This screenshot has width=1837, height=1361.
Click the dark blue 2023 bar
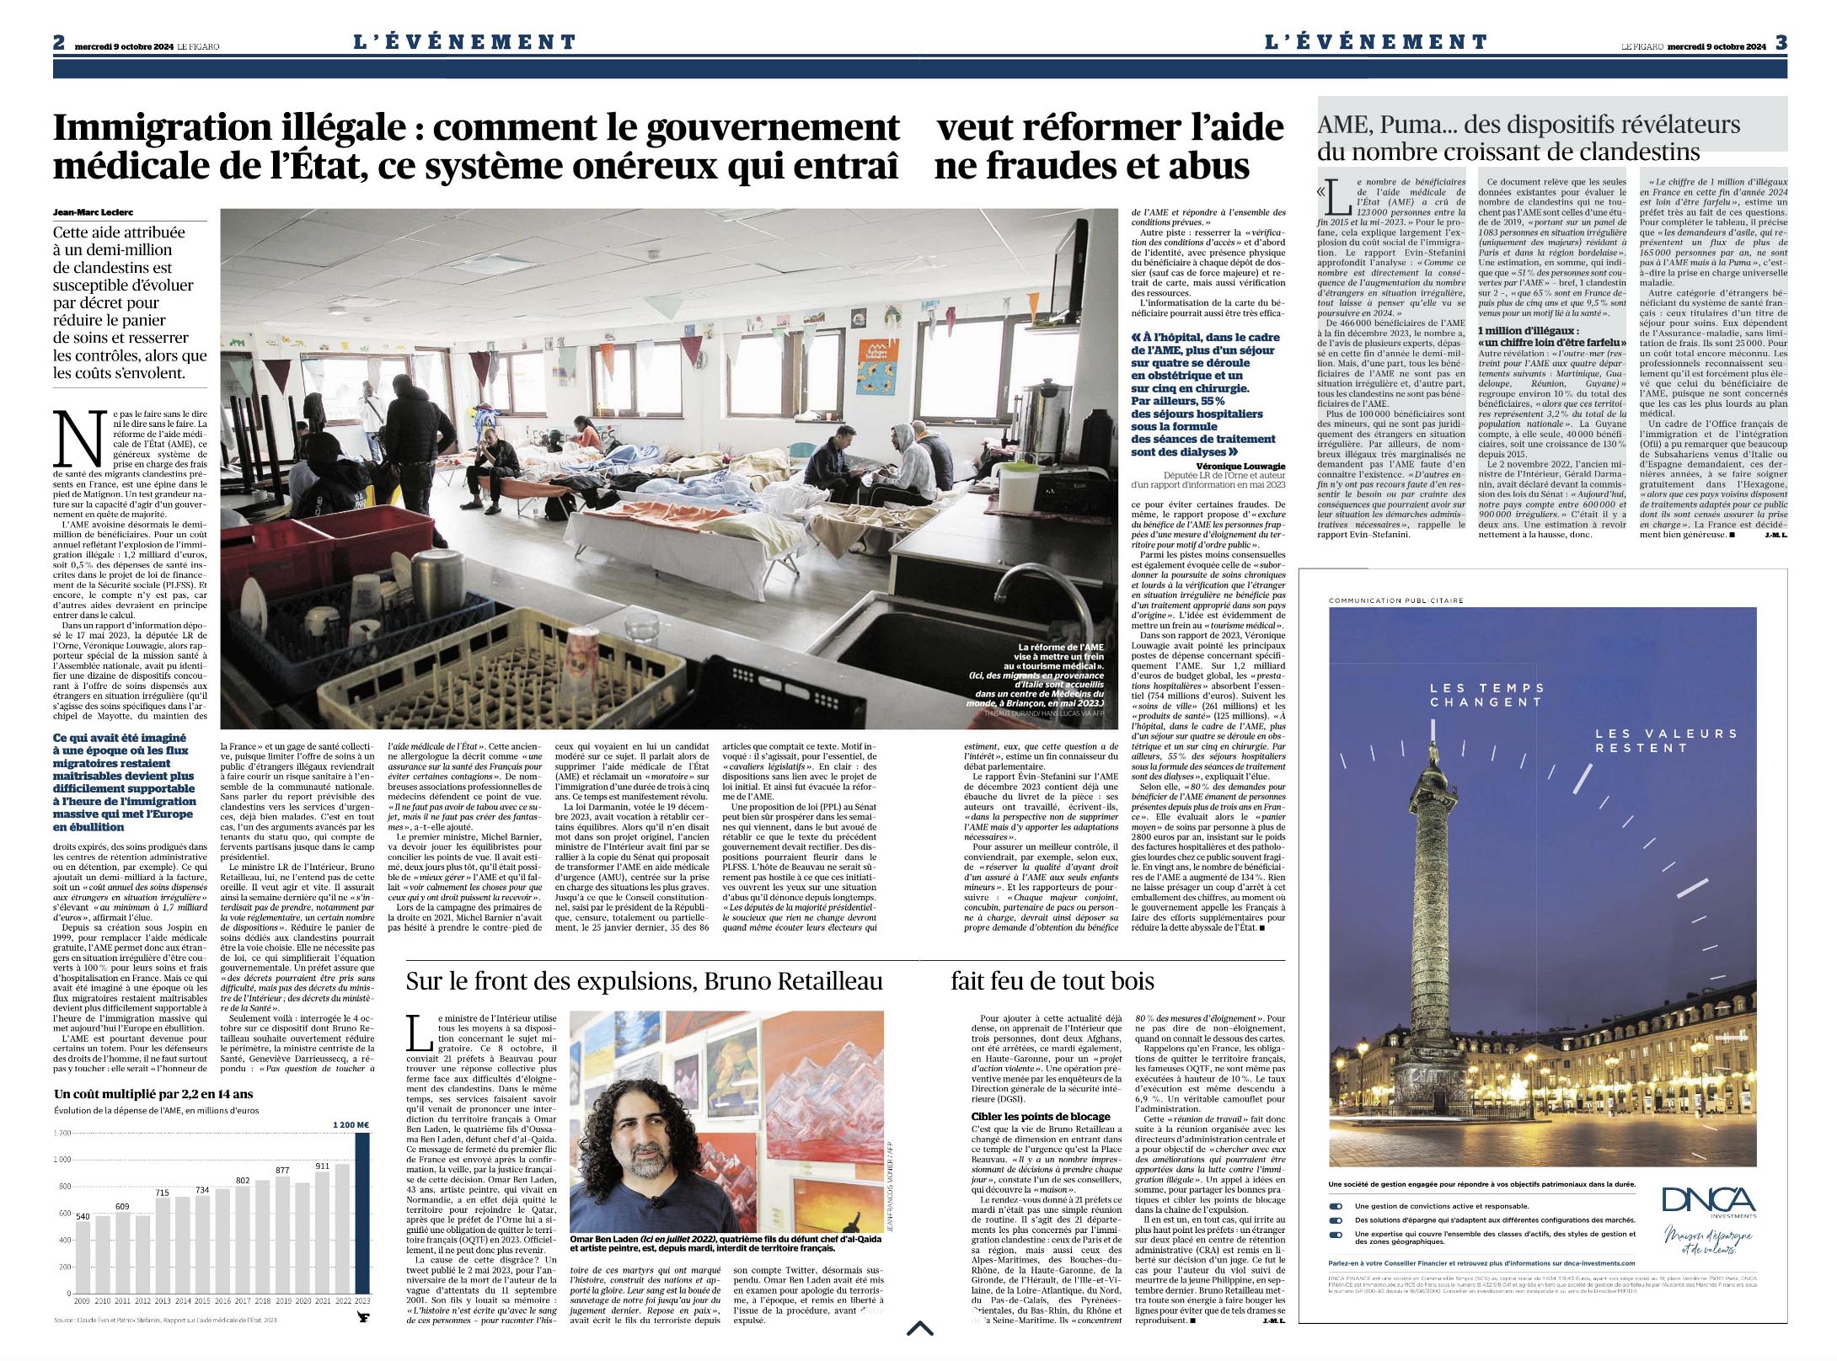tap(362, 1213)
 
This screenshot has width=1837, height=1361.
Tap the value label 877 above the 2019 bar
tap(282, 1170)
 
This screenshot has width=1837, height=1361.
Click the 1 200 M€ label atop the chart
tap(351, 1124)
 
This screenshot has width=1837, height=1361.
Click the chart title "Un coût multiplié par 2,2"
tap(153, 1094)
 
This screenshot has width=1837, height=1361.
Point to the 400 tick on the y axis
tap(62, 1240)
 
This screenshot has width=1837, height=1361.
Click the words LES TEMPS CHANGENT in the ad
tap(1486, 695)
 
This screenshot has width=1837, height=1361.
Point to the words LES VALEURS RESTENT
tap(1654, 741)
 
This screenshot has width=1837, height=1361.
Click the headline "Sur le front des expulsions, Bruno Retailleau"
tap(645, 981)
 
